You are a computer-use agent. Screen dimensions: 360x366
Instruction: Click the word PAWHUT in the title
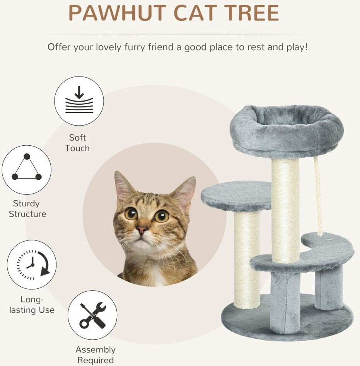tap(117, 13)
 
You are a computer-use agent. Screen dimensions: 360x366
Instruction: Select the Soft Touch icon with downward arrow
tap(79, 101)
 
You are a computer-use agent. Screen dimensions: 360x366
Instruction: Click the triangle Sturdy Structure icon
tap(27, 170)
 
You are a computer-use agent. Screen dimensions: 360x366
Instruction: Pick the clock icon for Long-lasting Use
tap(32, 264)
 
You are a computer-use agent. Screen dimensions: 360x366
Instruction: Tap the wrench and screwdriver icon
tap(92, 315)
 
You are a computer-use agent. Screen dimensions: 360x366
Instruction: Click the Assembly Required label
tap(96, 355)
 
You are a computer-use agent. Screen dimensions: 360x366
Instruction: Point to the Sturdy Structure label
tap(27, 209)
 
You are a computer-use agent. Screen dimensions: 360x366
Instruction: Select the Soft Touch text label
tap(77, 143)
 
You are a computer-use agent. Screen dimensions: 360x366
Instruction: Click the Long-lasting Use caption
tap(32, 305)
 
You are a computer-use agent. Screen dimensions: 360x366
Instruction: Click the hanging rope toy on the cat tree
tap(318, 196)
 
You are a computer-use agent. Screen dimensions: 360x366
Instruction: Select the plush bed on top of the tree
tap(287, 131)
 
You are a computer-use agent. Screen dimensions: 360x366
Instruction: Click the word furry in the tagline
tap(135, 47)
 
